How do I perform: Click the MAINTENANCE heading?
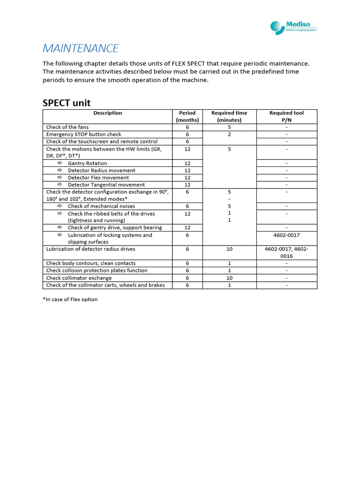81,49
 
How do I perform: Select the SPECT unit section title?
67,103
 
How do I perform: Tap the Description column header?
107,113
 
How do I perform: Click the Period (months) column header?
187,116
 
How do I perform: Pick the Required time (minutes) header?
229,116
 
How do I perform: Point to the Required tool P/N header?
286,116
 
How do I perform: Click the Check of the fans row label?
67,127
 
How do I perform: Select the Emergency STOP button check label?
83,134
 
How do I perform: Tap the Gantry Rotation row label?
87,163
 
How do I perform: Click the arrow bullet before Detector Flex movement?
60,178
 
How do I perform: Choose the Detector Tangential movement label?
106,185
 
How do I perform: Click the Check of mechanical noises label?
101,206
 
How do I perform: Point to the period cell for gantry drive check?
187,228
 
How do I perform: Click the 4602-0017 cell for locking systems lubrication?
286,235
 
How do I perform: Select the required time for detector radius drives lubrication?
229,249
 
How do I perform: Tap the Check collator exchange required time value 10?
229,278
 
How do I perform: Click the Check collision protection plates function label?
97,270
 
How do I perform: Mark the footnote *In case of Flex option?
70,299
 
